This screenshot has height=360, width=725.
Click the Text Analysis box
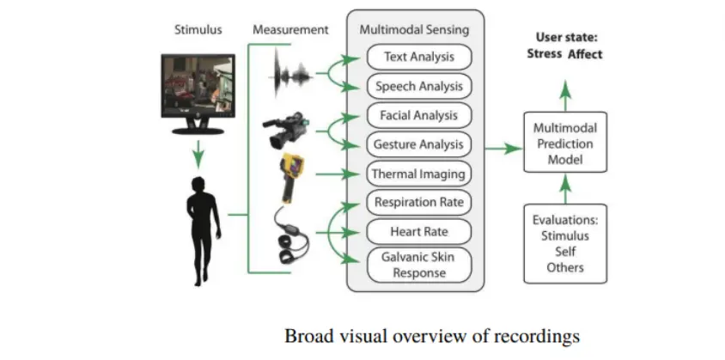pos(420,57)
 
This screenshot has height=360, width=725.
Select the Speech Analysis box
pos(420,86)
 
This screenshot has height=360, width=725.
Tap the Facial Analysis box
pos(420,115)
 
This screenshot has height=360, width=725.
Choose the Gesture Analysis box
pos(420,144)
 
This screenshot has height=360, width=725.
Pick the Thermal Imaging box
pos(420,174)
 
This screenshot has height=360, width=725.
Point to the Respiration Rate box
pos(420,203)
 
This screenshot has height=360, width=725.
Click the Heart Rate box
pos(420,231)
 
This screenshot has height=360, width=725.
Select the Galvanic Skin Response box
pos(420,264)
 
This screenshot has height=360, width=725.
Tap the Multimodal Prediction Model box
pos(564,142)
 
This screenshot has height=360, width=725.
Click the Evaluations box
pos(564,243)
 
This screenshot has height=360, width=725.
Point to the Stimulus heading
pos(198,29)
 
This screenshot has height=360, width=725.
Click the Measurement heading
pos(290,29)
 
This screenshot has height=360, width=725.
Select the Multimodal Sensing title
pos(414,29)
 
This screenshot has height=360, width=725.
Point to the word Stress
pos(544,54)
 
